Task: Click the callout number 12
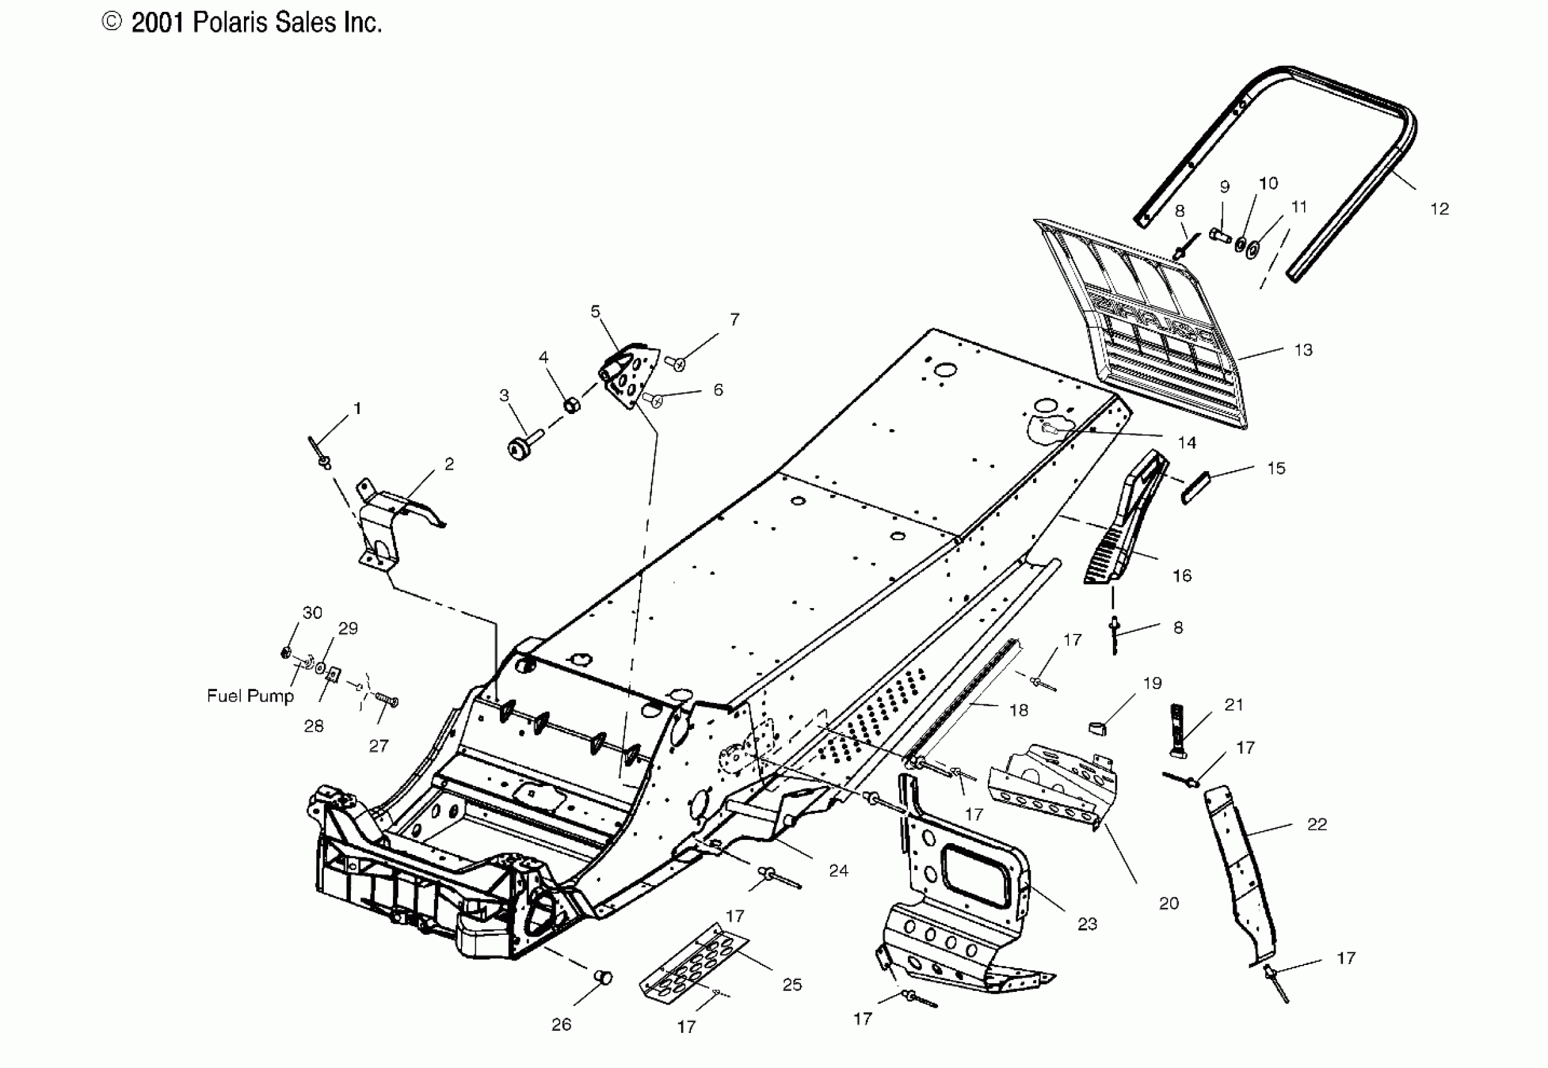tap(1439, 209)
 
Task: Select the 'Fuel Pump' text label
tap(250, 696)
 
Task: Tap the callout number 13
tap(1303, 350)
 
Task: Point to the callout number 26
tap(561, 1025)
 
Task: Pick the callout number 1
tap(358, 408)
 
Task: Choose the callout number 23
tap(1087, 924)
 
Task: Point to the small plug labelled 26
tap(603, 978)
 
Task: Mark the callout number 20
tap(1168, 903)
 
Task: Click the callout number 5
tap(595, 311)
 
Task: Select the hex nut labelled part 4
tap(572, 404)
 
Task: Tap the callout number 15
tap(1276, 469)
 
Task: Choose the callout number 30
tap(312, 613)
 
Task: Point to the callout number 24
tap(838, 871)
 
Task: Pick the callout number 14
tap(1186, 443)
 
